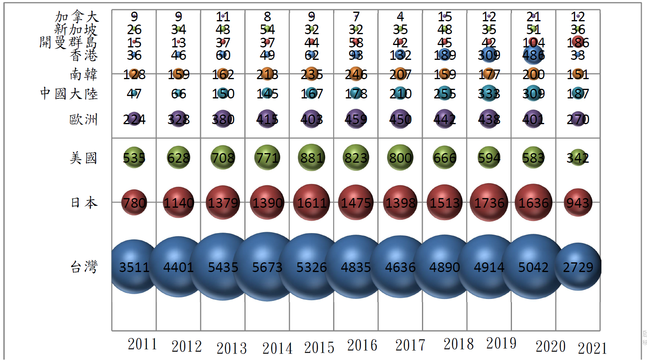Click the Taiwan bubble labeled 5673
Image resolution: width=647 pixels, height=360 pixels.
(x=267, y=267)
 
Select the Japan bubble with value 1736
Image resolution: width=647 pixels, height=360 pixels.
(x=489, y=202)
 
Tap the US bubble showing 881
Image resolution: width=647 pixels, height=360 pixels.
(x=311, y=157)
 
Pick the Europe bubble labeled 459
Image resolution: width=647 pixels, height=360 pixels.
(x=356, y=119)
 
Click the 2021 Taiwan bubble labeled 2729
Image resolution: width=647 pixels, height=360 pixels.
(x=578, y=267)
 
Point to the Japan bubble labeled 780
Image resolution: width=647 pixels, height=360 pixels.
(x=134, y=202)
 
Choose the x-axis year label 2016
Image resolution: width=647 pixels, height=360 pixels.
(x=362, y=345)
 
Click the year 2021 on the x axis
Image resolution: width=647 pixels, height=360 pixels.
(x=592, y=348)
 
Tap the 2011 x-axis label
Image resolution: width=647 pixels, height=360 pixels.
(x=142, y=344)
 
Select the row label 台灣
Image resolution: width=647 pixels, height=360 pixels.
(x=84, y=267)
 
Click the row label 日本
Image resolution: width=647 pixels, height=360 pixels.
(x=84, y=202)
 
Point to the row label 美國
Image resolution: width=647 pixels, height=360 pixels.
(x=84, y=158)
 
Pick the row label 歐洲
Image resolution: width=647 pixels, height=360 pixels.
(x=84, y=119)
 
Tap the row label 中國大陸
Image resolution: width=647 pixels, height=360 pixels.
(x=69, y=94)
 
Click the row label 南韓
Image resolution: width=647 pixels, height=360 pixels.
(x=84, y=74)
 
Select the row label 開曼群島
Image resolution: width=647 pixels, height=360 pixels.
(x=68, y=42)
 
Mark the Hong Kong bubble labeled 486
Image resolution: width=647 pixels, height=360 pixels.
(x=533, y=55)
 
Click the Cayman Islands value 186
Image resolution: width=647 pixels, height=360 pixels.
(x=578, y=42)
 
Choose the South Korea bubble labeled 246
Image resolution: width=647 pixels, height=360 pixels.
(x=356, y=74)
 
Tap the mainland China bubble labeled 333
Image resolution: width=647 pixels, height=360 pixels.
(x=489, y=94)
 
